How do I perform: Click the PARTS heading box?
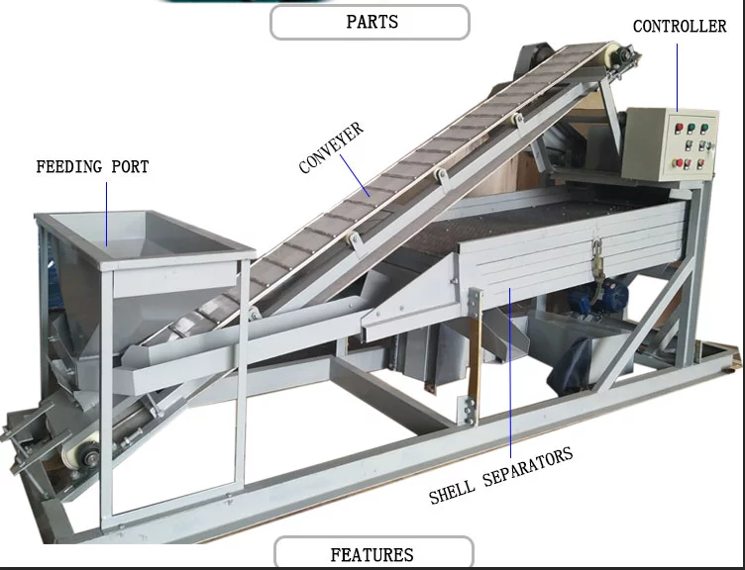[370, 22]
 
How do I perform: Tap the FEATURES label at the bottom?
[372, 554]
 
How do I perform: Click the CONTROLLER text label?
[680, 27]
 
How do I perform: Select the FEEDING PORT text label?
[92, 166]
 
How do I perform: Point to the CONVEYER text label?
[332, 147]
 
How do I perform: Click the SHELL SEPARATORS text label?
[501, 474]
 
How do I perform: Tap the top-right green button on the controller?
[705, 127]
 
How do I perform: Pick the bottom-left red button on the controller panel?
[677, 163]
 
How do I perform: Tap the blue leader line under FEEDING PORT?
[107, 212]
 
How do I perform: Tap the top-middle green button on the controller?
[691, 127]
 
